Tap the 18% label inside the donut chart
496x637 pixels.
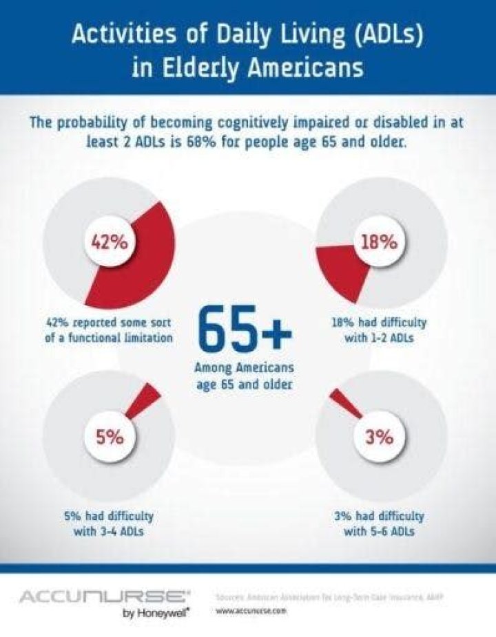(x=380, y=243)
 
